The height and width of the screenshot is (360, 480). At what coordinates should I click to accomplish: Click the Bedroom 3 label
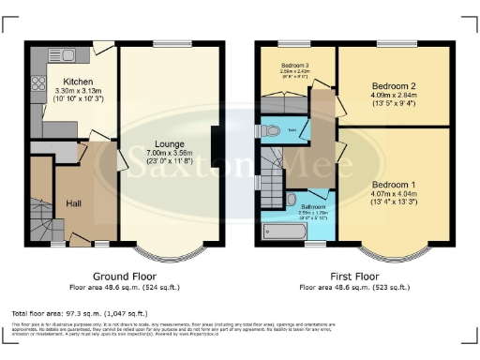294,65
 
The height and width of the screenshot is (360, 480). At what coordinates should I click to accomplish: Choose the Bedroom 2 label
392,84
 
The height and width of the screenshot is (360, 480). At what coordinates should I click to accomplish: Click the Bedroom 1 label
392,184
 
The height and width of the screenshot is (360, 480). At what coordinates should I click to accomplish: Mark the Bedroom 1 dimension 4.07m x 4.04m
392,195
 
